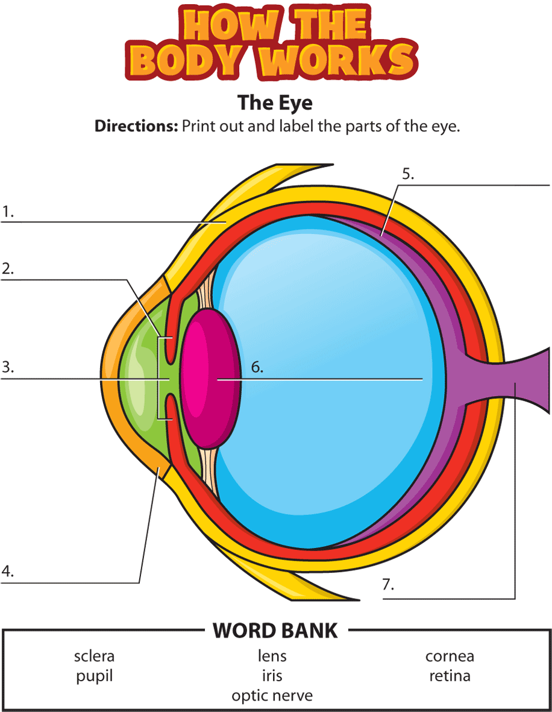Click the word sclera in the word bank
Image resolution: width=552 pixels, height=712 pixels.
pos(94,656)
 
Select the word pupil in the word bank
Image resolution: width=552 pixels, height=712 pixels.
pos(94,676)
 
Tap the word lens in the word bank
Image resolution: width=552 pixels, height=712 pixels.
pos(272,656)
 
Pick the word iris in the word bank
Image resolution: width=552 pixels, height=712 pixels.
pos(272,676)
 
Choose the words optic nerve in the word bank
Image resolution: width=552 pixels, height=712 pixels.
pos(272,696)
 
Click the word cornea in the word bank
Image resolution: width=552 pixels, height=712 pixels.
pos(450,656)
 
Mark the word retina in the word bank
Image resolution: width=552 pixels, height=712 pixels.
pos(450,676)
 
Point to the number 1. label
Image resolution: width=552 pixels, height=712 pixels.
pos(8,212)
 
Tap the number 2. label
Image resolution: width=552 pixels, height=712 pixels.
pos(8,269)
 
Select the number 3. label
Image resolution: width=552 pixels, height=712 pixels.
pos(8,368)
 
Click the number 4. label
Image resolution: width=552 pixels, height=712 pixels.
pos(8,572)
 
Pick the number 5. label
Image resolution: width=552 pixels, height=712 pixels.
pos(408,175)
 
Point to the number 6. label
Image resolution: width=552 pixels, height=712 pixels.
pos(257,367)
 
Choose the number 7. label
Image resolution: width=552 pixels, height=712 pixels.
pos(388,584)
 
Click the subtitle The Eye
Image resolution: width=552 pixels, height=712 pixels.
pos(275,102)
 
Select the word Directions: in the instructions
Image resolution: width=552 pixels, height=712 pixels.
pos(136,127)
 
